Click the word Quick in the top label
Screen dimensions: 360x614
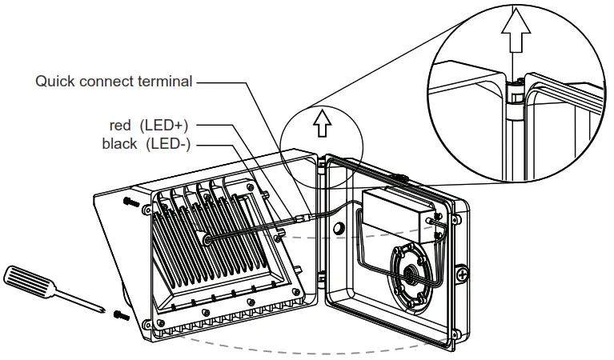click(54, 81)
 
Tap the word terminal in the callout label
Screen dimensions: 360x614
click(166, 81)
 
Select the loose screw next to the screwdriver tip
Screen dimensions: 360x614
click(120, 314)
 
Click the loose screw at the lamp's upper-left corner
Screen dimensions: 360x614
click(130, 203)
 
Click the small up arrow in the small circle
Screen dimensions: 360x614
click(322, 122)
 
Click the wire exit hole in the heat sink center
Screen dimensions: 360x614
click(207, 238)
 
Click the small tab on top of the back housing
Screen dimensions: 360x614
click(399, 174)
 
